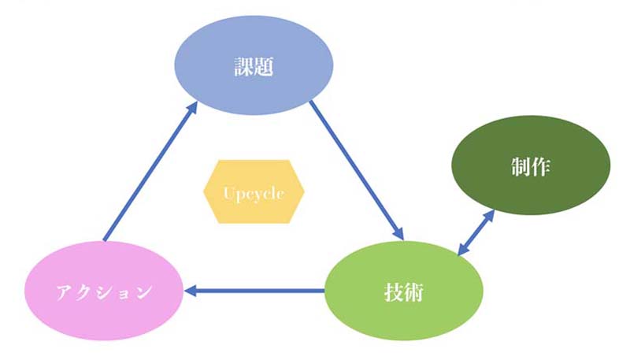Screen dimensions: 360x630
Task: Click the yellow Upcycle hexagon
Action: pyautogui.click(x=254, y=191)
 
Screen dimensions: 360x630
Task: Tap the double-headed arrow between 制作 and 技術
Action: pyautogui.click(x=476, y=232)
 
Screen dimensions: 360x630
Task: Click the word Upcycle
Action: pyautogui.click(x=254, y=192)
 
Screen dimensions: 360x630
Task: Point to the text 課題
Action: pyautogui.click(x=254, y=67)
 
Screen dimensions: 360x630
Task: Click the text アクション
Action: pyautogui.click(x=103, y=292)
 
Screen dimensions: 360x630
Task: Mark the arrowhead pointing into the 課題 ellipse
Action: pyautogui.click(x=191, y=108)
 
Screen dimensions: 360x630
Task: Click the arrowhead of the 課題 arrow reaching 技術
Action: pyautogui.click(x=398, y=233)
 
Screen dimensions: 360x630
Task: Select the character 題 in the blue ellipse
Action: pyautogui.click(x=264, y=67)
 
